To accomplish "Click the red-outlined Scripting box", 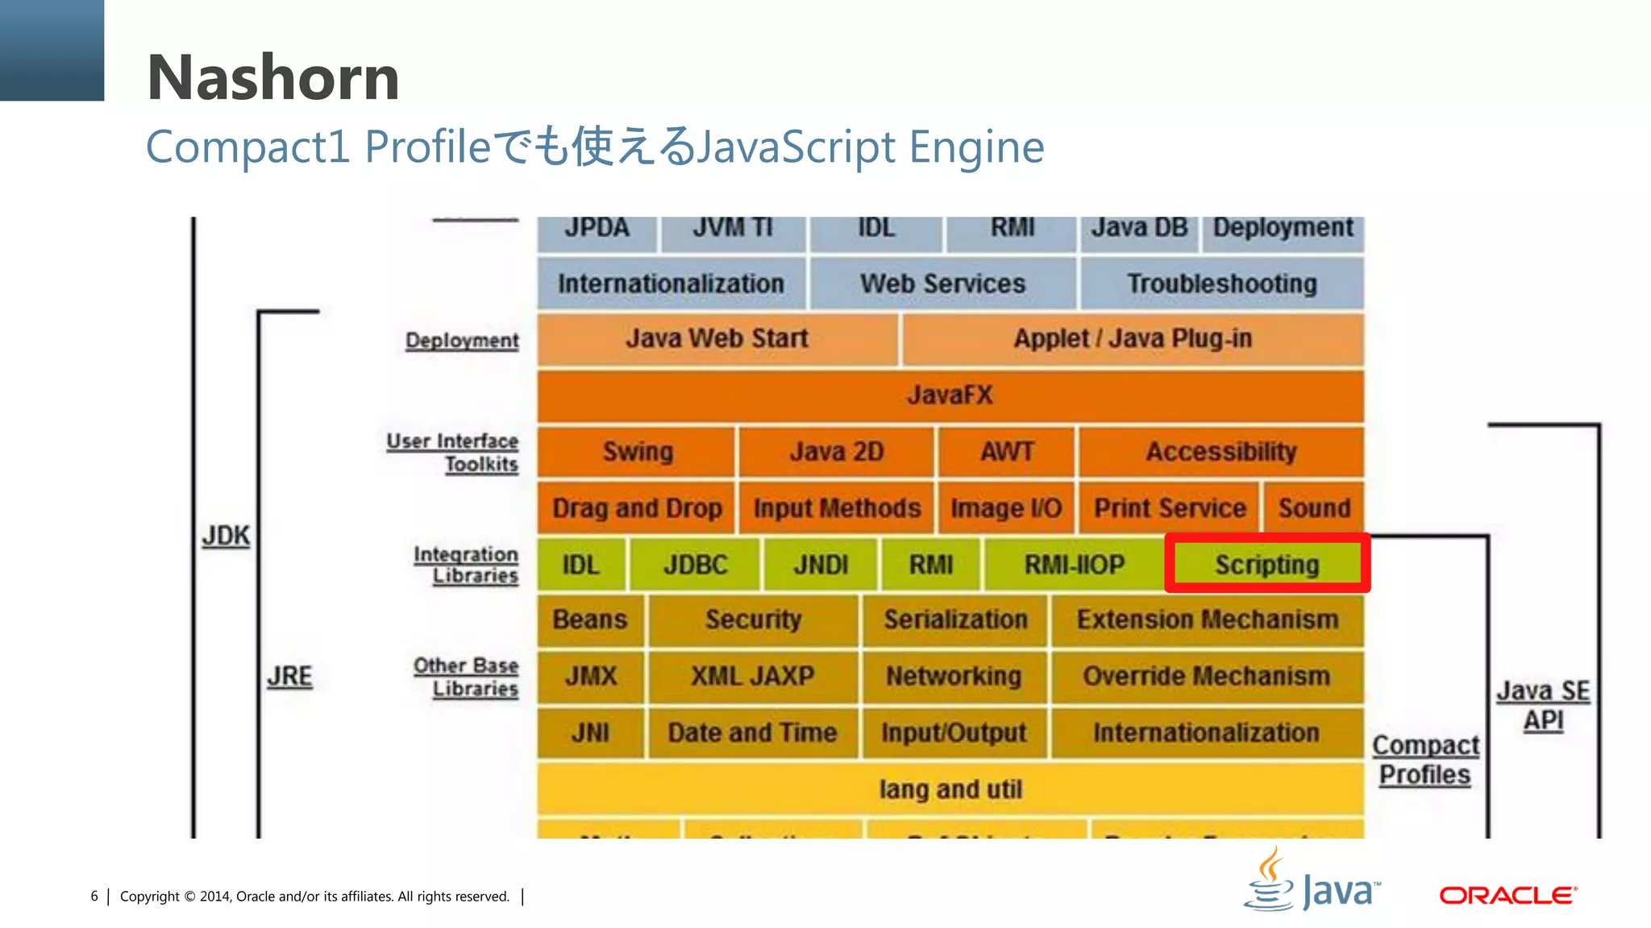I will (x=1266, y=564).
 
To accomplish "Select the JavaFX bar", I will (x=950, y=396).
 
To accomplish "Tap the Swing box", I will (x=637, y=452).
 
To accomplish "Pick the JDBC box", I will (x=695, y=565).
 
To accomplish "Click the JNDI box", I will (x=821, y=565).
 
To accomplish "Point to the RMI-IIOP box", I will (x=1074, y=565).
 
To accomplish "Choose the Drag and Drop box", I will (x=637, y=508).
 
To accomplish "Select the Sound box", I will (x=1314, y=508).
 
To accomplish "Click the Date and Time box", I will (x=752, y=733).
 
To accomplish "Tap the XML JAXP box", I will (x=752, y=676).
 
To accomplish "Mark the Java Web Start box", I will (x=717, y=339).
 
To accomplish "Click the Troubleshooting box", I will (x=1221, y=284).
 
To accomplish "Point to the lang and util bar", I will (x=950, y=789).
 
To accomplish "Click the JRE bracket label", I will (x=289, y=676).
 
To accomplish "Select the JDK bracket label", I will (x=226, y=536).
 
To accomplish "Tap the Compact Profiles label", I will (x=1425, y=760).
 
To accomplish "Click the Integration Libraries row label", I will (x=467, y=565).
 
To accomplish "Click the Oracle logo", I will (x=1508, y=895).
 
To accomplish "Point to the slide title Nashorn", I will (x=273, y=78).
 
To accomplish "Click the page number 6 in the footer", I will (x=94, y=897).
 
